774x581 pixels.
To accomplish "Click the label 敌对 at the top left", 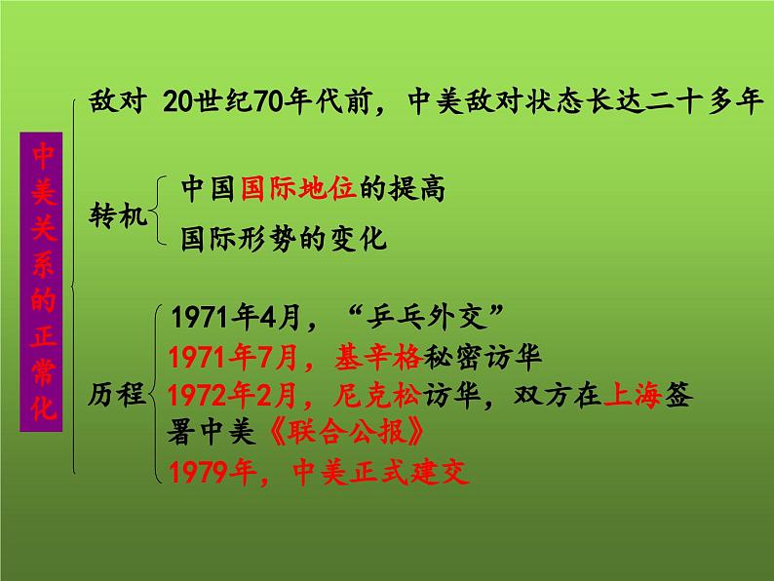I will pyautogui.click(x=114, y=102).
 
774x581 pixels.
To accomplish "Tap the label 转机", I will pyautogui.click(x=118, y=213).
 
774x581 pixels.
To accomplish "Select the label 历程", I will pyautogui.click(x=119, y=395).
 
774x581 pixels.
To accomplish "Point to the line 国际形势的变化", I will pyautogui.click(x=284, y=238).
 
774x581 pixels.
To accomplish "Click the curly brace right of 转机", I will pyautogui.click(x=160, y=213).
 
